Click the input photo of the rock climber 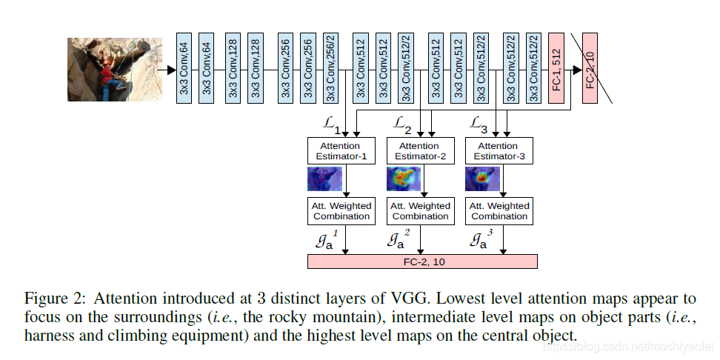tap(104, 70)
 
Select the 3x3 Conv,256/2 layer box tap(331, 68)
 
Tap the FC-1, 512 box tap(556, 68)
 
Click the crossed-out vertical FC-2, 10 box tap(590, 68)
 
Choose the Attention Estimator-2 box tap(420, 151)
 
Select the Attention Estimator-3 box tap(499, 151)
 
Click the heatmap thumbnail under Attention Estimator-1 tap(324, 179)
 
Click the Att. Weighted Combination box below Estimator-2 tap(420, 211)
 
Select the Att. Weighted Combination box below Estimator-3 tap(499, 211)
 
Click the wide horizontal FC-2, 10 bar tap(421, 261)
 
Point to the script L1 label tap(332, 124)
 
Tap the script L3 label tap(481, 124)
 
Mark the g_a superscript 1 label tap(326, 240)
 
